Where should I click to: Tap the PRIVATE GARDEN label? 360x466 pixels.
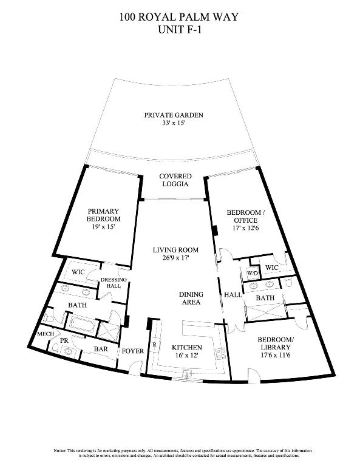(173, 115)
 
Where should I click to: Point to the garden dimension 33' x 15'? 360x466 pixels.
(173, 123)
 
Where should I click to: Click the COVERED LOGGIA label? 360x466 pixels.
(174, 180)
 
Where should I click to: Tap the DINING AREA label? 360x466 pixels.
(191, 298)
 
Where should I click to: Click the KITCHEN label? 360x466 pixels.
(186, 348)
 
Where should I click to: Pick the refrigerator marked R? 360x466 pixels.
(154, 344)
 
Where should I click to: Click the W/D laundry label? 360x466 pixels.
(251, 273)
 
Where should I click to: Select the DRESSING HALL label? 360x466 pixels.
(114, 283)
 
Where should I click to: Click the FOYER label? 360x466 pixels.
(132, 350)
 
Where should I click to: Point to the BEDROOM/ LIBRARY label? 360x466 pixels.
(276, 343)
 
